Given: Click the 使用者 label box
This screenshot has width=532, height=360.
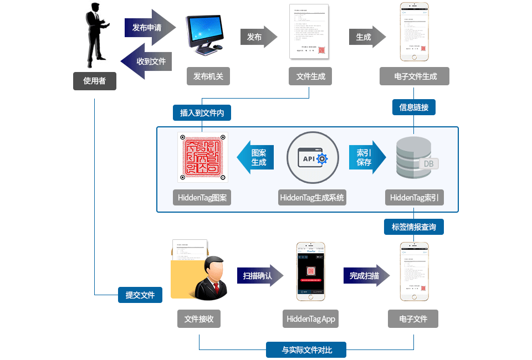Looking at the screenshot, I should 94,81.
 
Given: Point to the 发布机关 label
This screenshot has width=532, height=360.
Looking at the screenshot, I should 208,76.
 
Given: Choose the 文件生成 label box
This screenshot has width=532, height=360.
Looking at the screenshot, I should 310,76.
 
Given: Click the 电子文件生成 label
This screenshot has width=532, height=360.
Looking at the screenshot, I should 415,76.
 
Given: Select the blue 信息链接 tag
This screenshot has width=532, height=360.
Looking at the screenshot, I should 414,107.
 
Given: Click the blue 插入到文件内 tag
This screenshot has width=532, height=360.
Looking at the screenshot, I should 202,112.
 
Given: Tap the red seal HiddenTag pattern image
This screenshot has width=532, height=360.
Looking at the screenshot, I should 202,157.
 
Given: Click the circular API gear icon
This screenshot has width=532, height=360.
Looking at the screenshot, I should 313,157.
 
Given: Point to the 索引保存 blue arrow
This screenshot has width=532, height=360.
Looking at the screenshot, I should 366,157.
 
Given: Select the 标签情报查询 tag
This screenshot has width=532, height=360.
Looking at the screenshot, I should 414,227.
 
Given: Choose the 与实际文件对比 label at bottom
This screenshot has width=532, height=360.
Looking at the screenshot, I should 306,350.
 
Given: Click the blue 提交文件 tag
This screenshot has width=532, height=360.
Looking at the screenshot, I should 140,295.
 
